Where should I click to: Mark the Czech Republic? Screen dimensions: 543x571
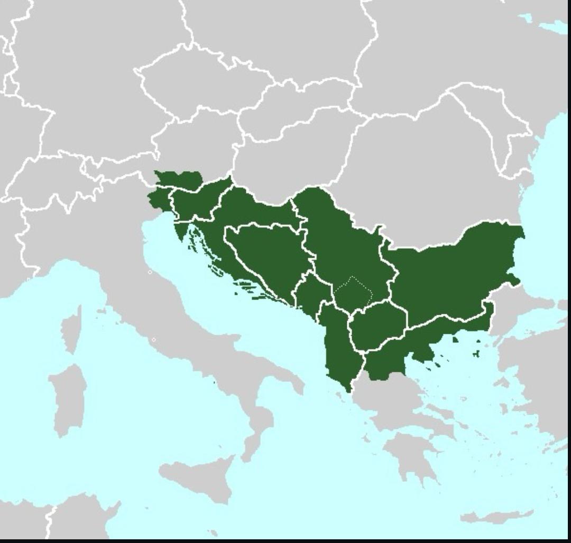pyautogui.click(x=196, y=85)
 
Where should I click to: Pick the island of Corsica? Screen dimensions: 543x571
pyautogui.click(x=71, y=327)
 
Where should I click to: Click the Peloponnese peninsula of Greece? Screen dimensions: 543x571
pyautogui.click(x=407, y=454)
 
